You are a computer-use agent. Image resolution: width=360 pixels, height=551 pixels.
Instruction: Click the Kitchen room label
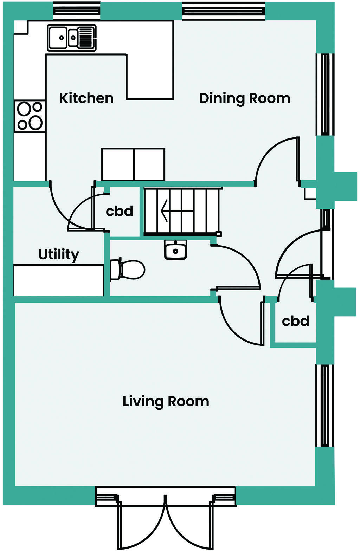click(86, 98)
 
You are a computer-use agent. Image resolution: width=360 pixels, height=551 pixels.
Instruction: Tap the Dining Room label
click(245, 98)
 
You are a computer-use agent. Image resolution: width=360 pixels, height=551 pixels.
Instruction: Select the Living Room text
click(166, 401)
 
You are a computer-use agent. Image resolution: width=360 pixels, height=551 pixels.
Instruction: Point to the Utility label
click(59, 254)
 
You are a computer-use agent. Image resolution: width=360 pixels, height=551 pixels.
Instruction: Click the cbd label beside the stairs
click(120, 211)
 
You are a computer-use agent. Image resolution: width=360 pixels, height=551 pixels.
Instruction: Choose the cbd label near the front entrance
click(295, 321)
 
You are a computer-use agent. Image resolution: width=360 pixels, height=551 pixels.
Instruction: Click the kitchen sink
click(72, 38)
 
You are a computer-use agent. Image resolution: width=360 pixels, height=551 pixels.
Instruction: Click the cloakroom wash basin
click(175, 250)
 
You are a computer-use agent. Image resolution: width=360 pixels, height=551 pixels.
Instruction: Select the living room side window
click(324, 406)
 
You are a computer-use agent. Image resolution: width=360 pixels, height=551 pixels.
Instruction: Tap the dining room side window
click(324, 94)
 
